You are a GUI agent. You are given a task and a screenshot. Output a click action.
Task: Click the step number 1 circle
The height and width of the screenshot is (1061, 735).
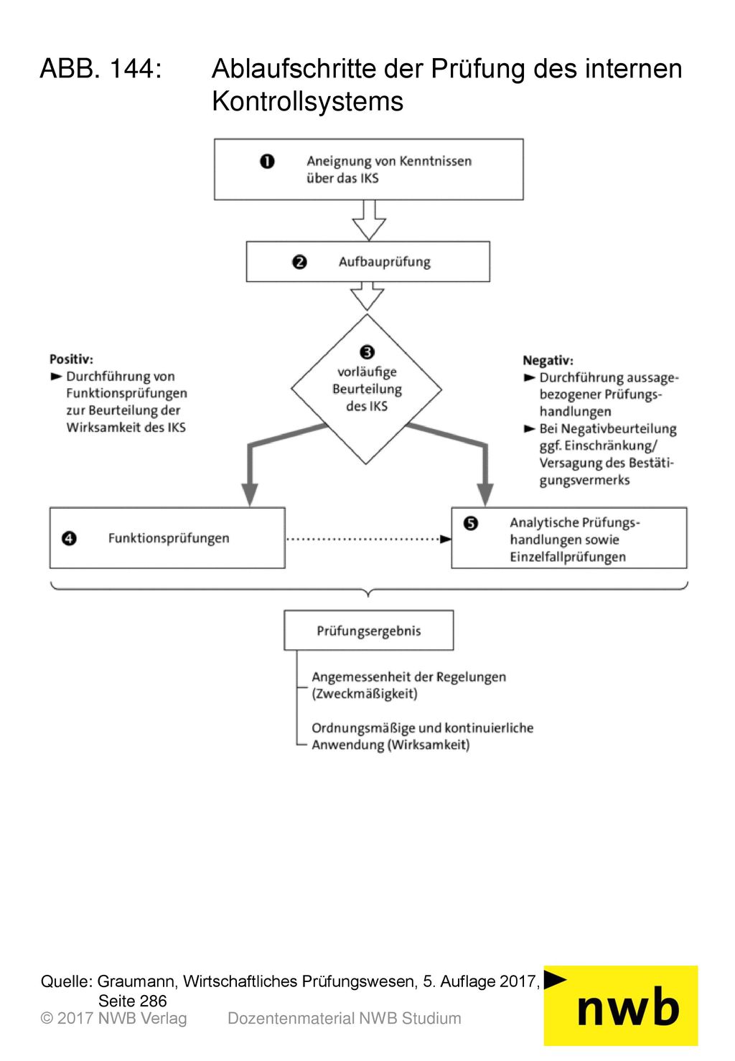pos(267,161)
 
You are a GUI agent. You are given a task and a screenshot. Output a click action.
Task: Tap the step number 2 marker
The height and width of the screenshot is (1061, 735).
pos(299,262)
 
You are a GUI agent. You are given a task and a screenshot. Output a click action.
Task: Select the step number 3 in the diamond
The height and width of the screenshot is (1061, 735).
pos(367,352)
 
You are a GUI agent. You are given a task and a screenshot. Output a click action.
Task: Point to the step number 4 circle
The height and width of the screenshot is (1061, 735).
pos(69,539)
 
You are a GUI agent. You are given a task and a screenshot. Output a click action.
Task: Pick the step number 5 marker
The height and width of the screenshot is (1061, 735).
pos(471,524)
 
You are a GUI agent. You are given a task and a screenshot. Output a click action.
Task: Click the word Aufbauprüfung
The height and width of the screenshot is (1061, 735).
pos(384,262)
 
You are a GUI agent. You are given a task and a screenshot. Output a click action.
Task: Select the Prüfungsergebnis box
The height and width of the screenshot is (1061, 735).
pos(369,631)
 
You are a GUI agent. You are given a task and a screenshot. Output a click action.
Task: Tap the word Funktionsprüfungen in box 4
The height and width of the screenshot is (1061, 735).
pos(169,539)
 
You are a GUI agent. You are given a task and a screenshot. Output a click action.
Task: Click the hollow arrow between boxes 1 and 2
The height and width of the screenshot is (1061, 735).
pos(369,220)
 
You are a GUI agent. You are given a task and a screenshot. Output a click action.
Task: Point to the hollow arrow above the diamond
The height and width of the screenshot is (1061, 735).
pos(367,296)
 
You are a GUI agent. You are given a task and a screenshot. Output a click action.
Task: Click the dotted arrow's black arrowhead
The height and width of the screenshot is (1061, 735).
pos(446,539)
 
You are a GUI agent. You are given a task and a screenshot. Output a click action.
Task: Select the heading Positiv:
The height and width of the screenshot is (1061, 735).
pos(72,359)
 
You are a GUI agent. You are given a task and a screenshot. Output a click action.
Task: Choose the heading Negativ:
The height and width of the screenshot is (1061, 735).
pos(548,361)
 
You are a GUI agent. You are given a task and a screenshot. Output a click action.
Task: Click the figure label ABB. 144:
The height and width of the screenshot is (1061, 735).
pos(101,68)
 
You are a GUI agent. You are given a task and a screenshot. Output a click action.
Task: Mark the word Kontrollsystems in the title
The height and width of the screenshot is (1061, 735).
pos(307,102)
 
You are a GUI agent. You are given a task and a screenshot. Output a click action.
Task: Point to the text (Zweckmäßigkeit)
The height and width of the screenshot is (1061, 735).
pos(365,694)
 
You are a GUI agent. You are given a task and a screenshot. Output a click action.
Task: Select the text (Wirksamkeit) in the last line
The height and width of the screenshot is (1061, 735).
pos(429,745)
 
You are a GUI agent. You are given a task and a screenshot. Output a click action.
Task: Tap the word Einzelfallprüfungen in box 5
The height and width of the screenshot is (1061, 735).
pos(568,557)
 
